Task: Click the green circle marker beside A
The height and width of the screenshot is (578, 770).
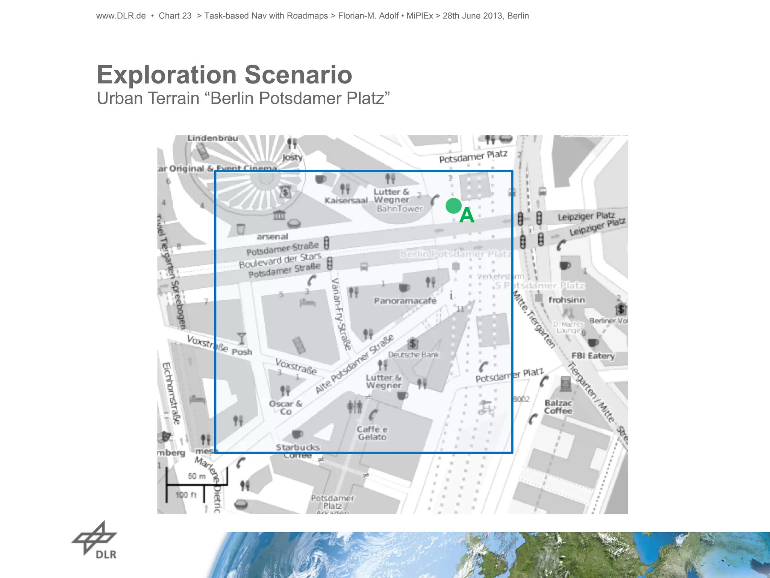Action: pyautogui.click(x=453, y=206)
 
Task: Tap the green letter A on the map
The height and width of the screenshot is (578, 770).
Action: pyautogui.click(x=467, y=216)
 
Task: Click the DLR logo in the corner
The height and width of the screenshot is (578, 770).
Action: pyautogui.click(x=95, y=540)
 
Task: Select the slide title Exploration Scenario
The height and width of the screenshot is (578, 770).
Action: pyautogui.click(x=224, y=75)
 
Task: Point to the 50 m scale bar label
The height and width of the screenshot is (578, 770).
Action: pyautogui.click(x=197, y=476)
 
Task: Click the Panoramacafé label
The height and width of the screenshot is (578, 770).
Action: pyautogui.click(x=405, y=301)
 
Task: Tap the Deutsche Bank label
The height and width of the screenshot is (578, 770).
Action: pyautogui.click(x=414, y=354)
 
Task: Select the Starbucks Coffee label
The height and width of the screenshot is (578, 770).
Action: pyautogui.click(x=298, y=451)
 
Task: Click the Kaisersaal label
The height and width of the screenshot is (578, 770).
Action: pyautogui.click(x=346, y=201)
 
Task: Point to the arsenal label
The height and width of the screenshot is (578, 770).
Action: pyautogui.click(x=272, y=237)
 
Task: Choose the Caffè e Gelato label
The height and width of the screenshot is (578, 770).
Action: pyautogui.click(x=372, y=433)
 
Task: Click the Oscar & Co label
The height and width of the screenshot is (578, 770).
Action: pyautogui.click(x=285, y=408)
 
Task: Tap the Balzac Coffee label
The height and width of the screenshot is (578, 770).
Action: pyautogui.click(x=558, y=407)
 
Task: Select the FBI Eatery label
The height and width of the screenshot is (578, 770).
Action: pyautogui.click(x=593, y=356)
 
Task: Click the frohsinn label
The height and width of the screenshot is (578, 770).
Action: pyautogui.click(x=567, y=300)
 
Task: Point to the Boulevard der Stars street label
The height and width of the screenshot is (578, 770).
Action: pyautogui.click(x=280, y=260)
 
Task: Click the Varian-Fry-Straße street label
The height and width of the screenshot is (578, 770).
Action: pyautogui.click(x=341, y=314)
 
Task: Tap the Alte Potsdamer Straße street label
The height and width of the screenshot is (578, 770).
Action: pyautogui.click(x=354, y=364)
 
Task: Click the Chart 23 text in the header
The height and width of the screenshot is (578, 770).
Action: pyautogui.click(x=175, y=16)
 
